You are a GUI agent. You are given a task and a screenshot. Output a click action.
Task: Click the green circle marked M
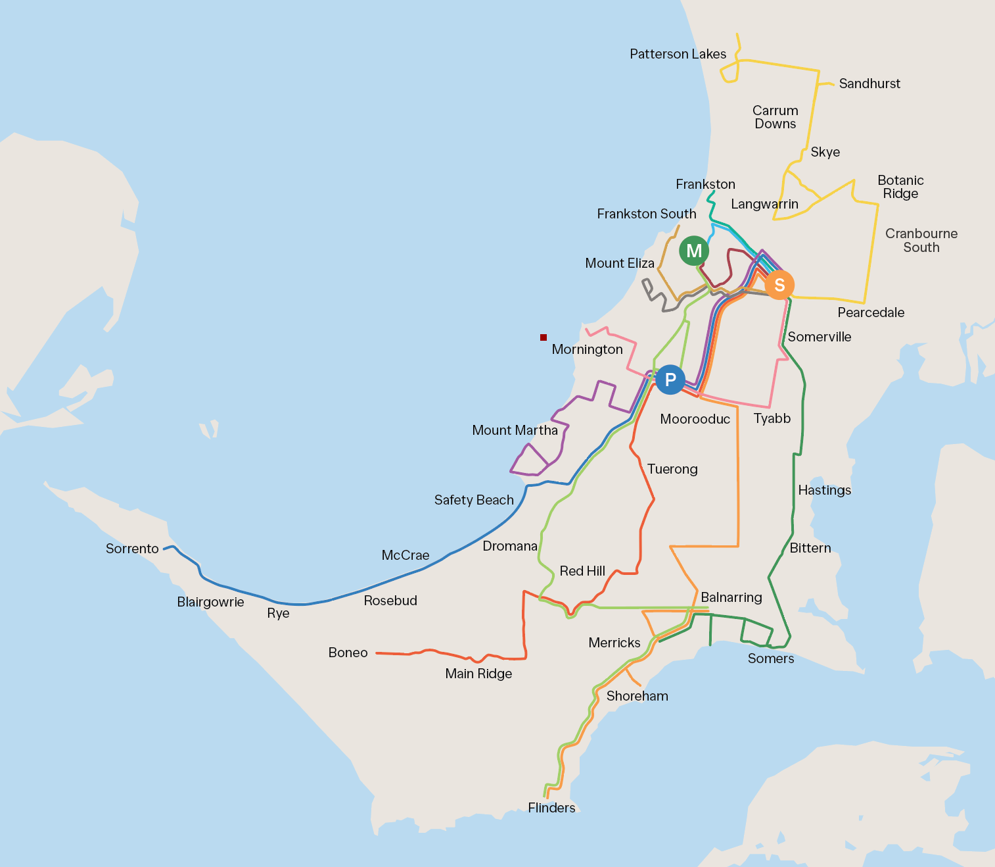694,251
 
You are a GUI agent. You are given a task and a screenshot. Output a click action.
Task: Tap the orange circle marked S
779,285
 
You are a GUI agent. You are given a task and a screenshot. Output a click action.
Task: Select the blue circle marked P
670,380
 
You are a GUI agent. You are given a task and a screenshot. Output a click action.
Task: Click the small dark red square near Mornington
544,337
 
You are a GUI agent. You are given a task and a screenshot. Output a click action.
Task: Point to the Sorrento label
132,549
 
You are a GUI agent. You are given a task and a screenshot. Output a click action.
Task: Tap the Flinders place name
551,808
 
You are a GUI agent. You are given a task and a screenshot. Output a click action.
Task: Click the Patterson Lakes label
678,54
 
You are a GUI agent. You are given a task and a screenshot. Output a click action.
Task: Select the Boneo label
348,653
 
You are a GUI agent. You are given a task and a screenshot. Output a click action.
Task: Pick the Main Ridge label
478,674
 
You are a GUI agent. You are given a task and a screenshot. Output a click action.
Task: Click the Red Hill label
582,571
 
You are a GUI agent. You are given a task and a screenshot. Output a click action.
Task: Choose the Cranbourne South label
921,240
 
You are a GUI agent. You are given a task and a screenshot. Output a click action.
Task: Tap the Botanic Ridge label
900,187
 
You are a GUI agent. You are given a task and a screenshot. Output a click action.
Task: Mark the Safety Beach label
474,500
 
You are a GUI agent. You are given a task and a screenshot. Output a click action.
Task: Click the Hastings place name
824,490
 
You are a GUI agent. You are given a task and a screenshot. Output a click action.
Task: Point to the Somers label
771,658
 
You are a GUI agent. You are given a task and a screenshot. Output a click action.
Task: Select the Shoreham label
637,696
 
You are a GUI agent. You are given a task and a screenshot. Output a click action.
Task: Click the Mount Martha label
515,430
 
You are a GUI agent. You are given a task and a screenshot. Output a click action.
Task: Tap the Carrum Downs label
775,117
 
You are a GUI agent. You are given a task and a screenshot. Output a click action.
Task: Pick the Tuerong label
672,469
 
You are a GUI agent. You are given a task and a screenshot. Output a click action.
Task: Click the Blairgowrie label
210,602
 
